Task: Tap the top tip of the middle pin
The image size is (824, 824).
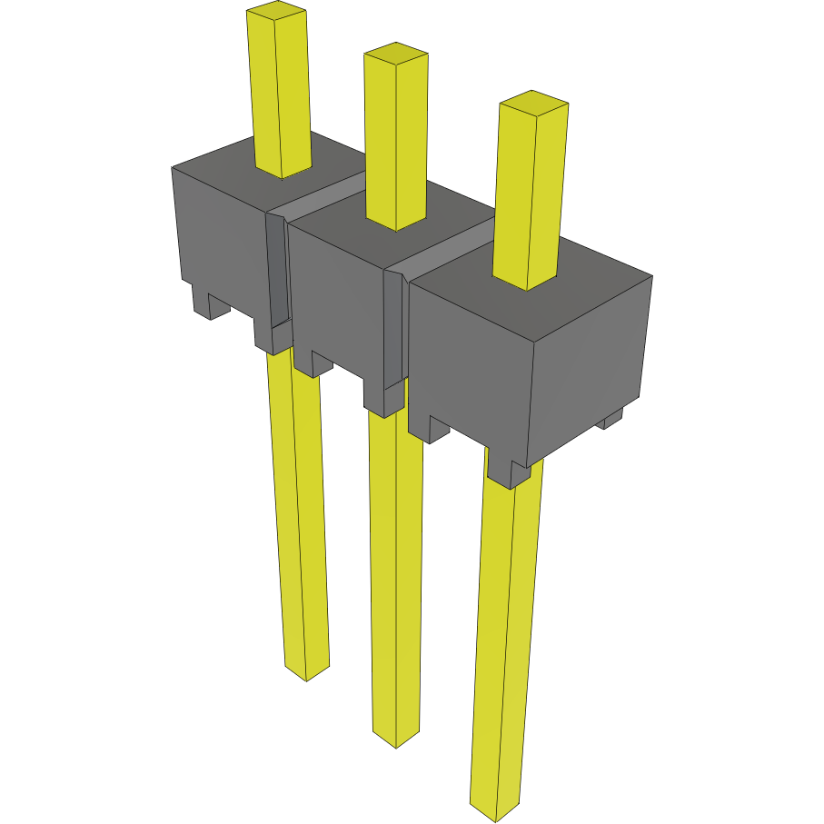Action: tap(395, 54)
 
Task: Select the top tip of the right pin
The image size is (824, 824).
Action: tap(534, 102)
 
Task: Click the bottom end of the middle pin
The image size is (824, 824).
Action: tap(397, 737)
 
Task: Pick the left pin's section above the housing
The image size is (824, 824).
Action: tap(280, 91)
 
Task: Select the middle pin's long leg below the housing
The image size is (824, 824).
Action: tap(396, 572)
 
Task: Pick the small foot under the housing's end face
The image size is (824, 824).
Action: tap(611, 419)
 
